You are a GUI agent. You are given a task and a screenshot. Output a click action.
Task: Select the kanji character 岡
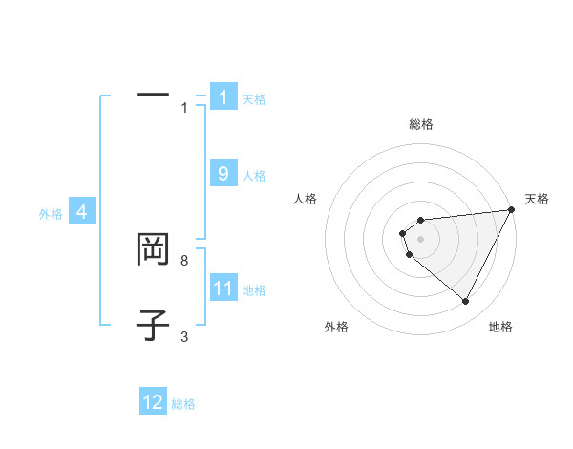pyautogui.click(x=153, y=250)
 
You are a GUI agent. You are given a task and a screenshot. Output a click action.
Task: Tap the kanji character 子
pyautogui.click(x=153, y=325)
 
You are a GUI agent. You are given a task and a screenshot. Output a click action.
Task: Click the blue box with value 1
pyautogui.click(x=223, y=97)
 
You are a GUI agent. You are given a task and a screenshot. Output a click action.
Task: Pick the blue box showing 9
pyautogui.click(x=223, y=174)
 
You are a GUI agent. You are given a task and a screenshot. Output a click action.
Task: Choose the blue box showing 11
pyautogui.click(x=223, y=289)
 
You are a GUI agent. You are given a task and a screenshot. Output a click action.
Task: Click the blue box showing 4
pyautogui.click(x=82, y=212)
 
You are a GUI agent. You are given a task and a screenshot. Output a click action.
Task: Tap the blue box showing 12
pyautogui.click(x=153, y=402)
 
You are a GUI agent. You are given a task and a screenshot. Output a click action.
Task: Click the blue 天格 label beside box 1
pyautogui.click(x=254, y=99)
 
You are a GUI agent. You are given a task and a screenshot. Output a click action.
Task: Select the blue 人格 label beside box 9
pyautogui.click(x=254, y=176)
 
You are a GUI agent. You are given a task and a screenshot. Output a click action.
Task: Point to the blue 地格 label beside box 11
pyautogui.click(x=254, y=290)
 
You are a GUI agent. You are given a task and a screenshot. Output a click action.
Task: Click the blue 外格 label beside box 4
pyautogui.click(x=51, y=214)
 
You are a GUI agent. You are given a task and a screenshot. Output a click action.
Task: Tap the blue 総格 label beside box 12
pyautogui.click(x=183, y=404)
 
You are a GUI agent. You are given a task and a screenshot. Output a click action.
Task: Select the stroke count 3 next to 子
pyautogui.click(x=184, y=337)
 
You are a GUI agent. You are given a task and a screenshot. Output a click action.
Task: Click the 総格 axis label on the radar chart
pyautogui.click(x=421, y=124)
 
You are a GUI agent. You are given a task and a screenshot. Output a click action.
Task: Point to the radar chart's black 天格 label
pyautogui.click(x=537, y=199)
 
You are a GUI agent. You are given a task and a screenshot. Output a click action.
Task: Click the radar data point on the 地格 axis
pyautogui.click(x=465, y=302)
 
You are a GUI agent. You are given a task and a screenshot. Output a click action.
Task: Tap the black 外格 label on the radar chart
pyautogui.click(x=336, y=327)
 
